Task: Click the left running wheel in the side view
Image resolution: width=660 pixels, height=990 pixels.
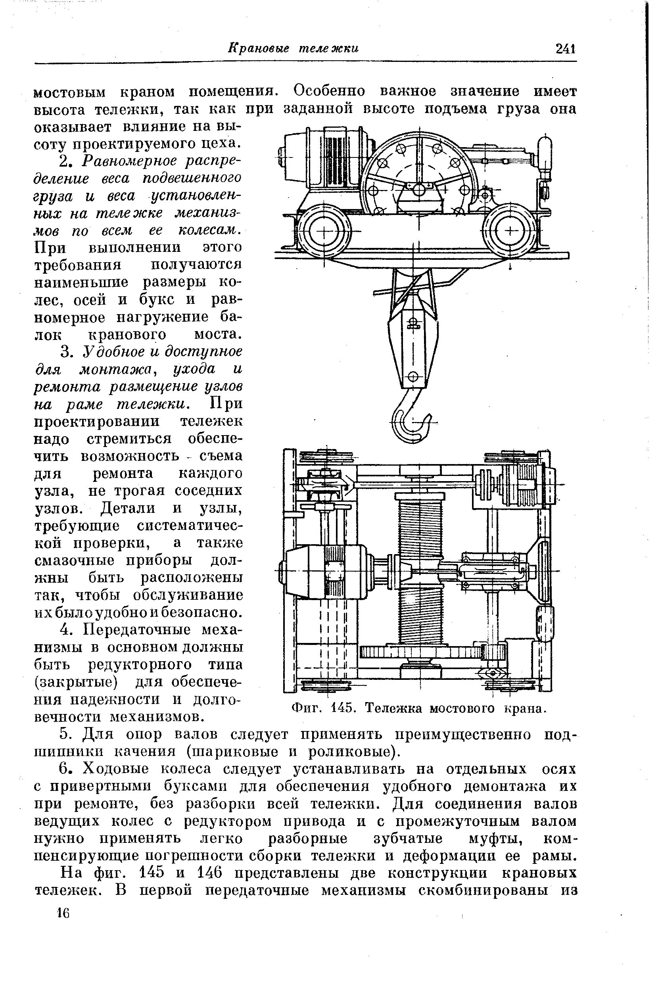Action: coord(324,232)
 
